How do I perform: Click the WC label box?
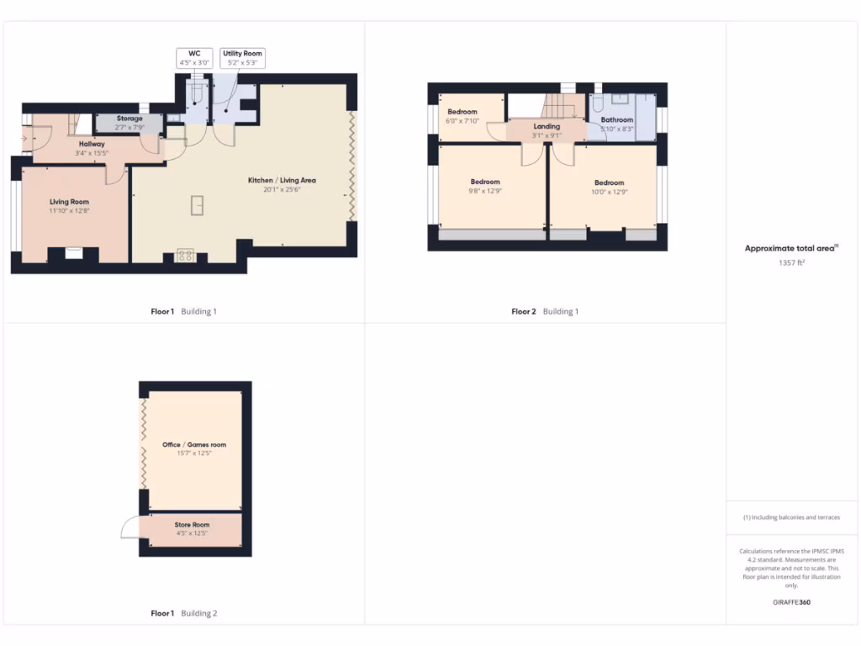(193, 57)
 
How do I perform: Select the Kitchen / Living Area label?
(282, 180)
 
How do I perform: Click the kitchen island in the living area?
(197, 205)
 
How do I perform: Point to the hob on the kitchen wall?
(185, 255)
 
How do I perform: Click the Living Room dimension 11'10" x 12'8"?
(69, 211)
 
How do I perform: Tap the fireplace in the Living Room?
(73, 252)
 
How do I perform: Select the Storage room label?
(129, 119)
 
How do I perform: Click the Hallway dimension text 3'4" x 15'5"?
(92, 153)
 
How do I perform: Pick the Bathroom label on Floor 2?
(617, 119)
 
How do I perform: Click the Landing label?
(547, 126)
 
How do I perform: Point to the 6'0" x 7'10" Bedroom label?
(462, 112)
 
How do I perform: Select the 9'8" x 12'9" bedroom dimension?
(485, 192)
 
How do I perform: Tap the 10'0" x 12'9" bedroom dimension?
(610, 193)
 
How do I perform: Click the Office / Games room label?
(194, 444)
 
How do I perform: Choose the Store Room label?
(193, 525)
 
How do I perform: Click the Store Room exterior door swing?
(131, 527)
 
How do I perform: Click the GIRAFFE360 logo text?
(791, 602)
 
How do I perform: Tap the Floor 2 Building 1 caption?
(545, 311)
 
